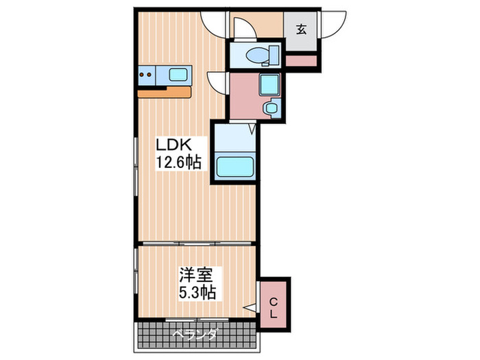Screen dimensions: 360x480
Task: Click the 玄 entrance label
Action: pyautogui.click(x=301, y=29)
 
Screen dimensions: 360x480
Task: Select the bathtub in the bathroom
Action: pyautogui.click(x=235, y=167)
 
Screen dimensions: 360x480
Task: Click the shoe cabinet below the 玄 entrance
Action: pyautogui.click(x=301, y=60)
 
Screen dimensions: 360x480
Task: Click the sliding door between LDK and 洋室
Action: pyautogui.click(x=197, y=243)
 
